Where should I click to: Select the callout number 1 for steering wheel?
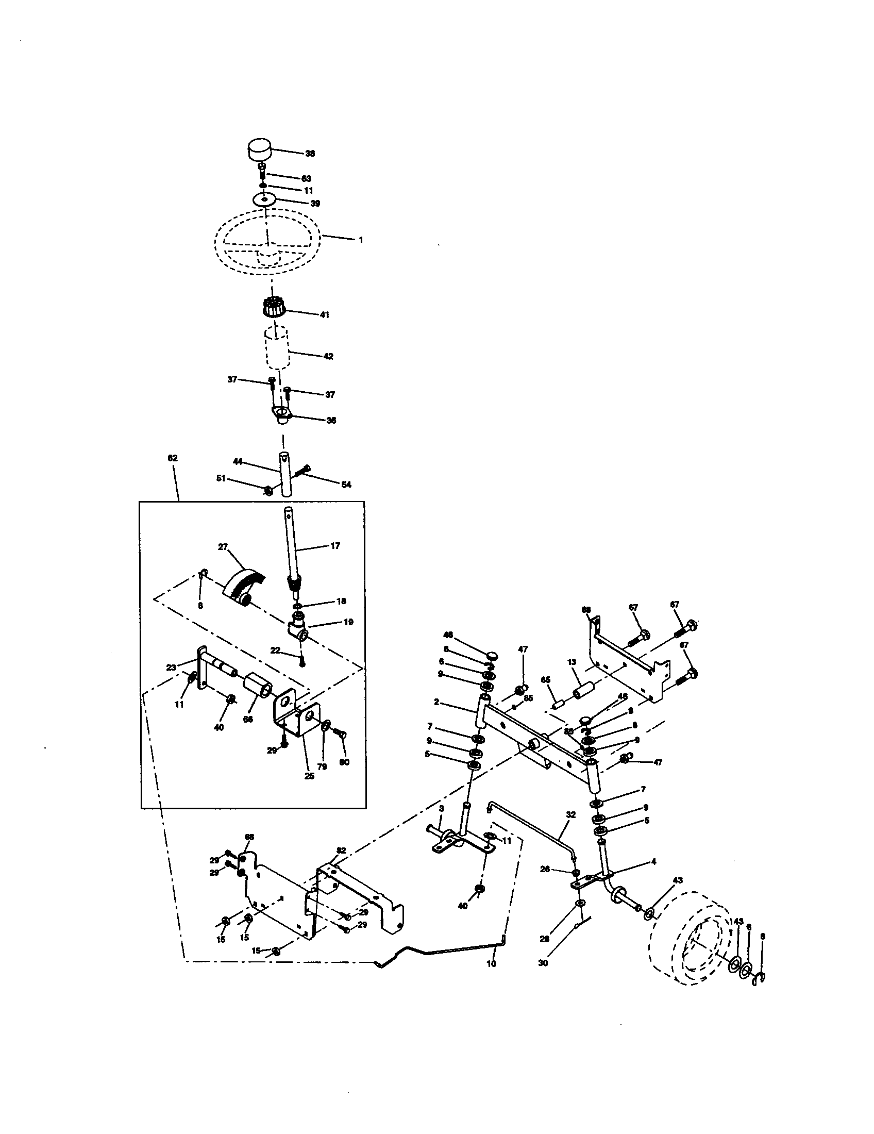tap(361, 240)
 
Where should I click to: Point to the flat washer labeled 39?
tap(265, 200)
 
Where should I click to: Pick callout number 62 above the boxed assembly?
tap(172, 458)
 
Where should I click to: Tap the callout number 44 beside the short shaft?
tap(238, 461)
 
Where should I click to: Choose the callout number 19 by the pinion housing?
tap(349, 622)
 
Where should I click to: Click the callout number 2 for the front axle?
tap(436, 702)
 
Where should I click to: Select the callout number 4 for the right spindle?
tap(653, 861)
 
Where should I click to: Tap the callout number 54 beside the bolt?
tap(346, 485)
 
